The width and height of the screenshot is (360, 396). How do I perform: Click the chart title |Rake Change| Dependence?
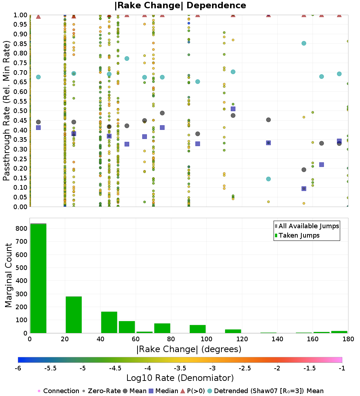coord(180,6)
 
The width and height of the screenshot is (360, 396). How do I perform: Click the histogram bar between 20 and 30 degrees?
coord(73,315)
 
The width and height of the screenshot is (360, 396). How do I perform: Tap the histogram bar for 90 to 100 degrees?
coord(198,329)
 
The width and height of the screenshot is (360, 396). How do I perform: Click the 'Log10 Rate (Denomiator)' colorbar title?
coord(180,378)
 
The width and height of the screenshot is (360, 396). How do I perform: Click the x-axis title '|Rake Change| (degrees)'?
coord(189,349)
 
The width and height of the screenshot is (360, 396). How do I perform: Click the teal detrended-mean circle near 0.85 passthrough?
coord(304,43)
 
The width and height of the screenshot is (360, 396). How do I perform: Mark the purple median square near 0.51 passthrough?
coord(233,109)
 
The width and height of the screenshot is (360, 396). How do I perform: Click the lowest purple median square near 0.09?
coord(304,188)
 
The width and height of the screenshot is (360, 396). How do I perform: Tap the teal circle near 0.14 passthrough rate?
coord(268,179)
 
